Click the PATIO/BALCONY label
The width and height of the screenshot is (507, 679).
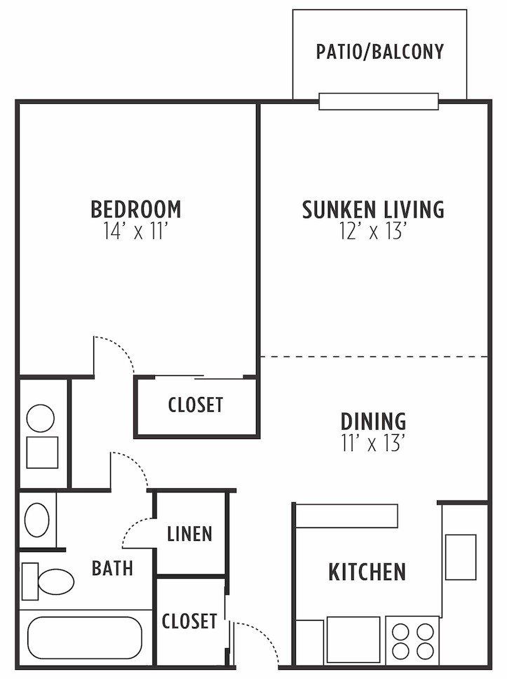379,52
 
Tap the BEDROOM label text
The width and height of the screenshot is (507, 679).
136,209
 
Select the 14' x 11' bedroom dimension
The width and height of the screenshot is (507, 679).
136,232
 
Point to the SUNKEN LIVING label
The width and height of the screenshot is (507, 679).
373,209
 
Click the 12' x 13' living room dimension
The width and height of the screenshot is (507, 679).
373,232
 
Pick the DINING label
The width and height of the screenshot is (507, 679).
373,422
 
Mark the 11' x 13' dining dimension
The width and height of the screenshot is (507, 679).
373,444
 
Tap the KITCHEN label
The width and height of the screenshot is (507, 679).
367,572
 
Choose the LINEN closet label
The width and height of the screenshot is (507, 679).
189,534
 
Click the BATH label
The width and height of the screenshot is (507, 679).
112,567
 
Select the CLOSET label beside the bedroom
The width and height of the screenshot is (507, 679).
196,405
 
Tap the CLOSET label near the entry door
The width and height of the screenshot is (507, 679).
189,621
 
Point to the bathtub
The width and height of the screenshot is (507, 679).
84,637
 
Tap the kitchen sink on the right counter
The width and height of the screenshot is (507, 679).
461,557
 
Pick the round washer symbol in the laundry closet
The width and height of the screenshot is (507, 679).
41,419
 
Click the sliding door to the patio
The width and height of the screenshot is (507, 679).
379,102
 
